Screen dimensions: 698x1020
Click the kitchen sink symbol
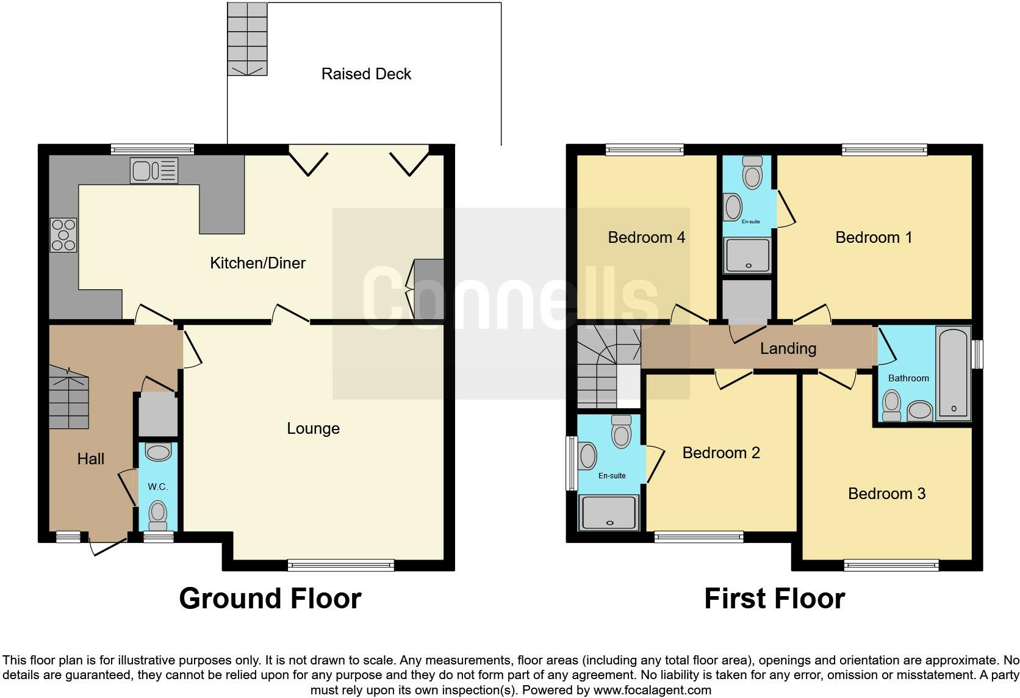[154, 170]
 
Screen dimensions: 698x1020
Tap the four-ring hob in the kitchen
[63, 235]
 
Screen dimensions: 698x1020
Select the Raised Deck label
[366, 74]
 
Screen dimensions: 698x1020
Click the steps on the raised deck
[247, 38]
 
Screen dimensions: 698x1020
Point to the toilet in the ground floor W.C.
[158, 514]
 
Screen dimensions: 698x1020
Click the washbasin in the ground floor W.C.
[159, 452]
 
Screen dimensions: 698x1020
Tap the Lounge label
[313, 428]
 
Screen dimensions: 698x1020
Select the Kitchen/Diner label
[257, 263]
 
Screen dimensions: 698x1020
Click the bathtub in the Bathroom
[954, 374]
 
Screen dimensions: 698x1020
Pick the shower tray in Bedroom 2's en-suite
[609, 512]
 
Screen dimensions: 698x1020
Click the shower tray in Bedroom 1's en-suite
[747, 255]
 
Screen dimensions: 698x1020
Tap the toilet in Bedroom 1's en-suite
[753, 173]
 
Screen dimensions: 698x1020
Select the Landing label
[788, 348]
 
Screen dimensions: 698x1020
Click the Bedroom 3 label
[886, 493]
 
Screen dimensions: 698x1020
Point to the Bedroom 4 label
[646, 237]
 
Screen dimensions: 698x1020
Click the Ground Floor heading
[270, 599]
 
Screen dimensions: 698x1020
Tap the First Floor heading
[774, 599]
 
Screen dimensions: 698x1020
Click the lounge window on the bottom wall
[341, 566]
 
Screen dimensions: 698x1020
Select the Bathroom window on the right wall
[977, 354]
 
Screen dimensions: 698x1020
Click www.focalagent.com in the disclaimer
[652, 691]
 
